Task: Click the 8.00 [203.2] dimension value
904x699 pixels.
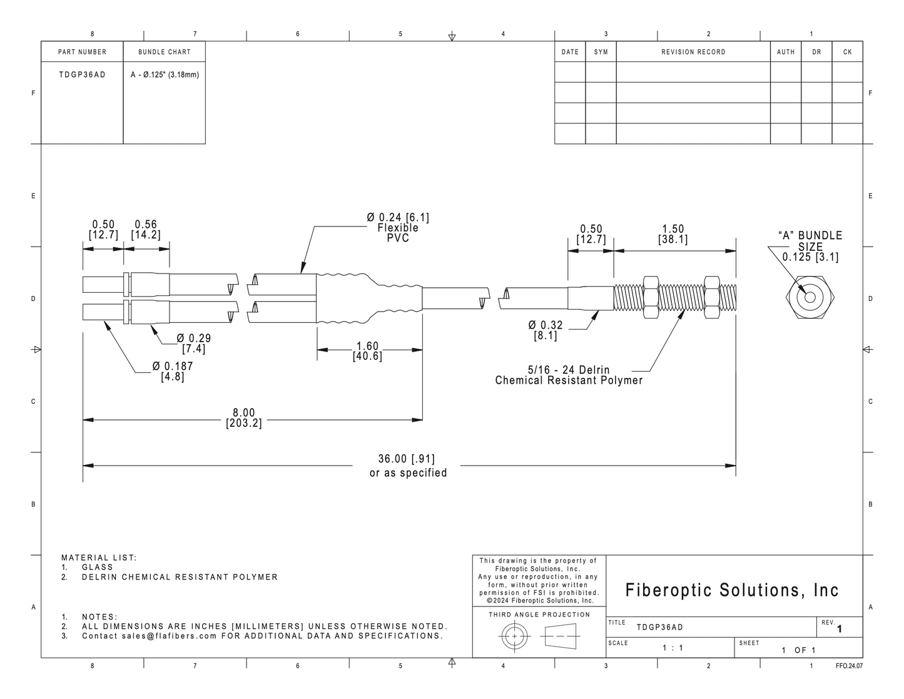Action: click(244, 418)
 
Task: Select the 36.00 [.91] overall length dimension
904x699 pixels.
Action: click(407, 459)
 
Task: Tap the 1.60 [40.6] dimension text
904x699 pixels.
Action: click(367, 351)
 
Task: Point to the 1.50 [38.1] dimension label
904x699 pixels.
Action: click(673, 234)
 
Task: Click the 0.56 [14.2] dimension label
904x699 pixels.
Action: click(146, 230)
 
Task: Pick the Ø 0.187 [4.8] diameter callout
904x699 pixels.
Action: click(173, 371)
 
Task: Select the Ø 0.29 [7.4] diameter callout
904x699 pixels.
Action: click(193, 344)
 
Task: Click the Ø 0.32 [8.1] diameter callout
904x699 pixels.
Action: click(546, 330)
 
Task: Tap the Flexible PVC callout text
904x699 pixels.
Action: click(398, 233)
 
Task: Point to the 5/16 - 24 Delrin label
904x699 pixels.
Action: click(569, 370)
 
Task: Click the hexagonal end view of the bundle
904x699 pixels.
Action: click(810, 297)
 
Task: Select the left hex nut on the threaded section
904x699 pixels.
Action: click(651, 297)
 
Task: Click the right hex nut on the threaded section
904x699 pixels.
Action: click(712, 297)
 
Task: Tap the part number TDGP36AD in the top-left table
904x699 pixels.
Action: click(83, 75)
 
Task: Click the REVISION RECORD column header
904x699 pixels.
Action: click(693, 52)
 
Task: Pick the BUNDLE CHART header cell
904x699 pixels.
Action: click(165, 52)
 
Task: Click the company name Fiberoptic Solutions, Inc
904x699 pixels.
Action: click(732, 590)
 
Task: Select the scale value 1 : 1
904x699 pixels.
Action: click(673, 648)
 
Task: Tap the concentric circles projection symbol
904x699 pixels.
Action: click(515, 636)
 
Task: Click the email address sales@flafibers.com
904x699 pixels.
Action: click(170, 636)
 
